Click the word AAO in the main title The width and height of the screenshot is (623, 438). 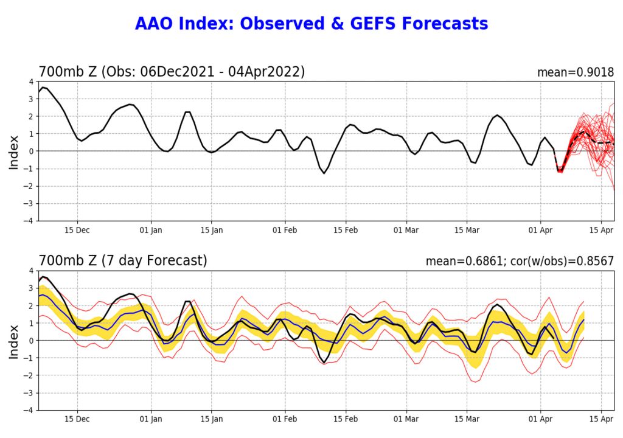[155, 24]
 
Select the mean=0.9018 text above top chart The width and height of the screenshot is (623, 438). [575, 72]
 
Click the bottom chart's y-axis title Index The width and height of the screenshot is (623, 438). [13, 341]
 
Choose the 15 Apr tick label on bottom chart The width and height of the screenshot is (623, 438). [601, 420]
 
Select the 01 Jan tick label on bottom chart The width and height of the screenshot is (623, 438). [151, 420]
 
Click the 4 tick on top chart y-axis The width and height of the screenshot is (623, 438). [31, 82]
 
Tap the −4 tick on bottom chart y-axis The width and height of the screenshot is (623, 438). [29, 410]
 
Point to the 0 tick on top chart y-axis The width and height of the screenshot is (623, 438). [31, 151]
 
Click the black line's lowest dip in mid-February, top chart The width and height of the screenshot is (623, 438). [324, 173]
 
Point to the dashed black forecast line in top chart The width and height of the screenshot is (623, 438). [599, 142]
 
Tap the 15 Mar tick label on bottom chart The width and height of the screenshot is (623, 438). [467, 420]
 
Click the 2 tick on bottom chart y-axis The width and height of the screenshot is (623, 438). [31, 305]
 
